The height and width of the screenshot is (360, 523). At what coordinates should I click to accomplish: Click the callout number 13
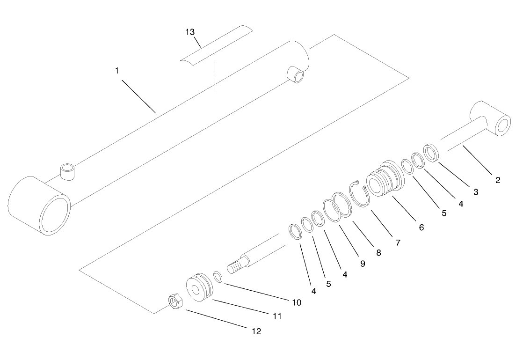pos(189,32)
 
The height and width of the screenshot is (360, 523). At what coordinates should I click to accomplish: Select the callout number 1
pos(117,71)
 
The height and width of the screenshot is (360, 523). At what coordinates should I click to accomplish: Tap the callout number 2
pos(497,180)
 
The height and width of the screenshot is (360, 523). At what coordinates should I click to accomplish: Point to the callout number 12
pos(256,331)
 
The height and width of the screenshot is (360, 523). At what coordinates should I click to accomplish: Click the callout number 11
pos(277,316)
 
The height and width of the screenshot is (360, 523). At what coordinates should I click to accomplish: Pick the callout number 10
pos(296,302)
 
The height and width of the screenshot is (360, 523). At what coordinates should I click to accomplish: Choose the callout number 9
pos(363,264)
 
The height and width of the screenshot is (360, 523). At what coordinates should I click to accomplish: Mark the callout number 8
pos(378,253)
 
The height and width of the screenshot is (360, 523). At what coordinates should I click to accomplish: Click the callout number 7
pos(398,242)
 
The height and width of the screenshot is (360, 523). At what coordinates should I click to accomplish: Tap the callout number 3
pos(475,191)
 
